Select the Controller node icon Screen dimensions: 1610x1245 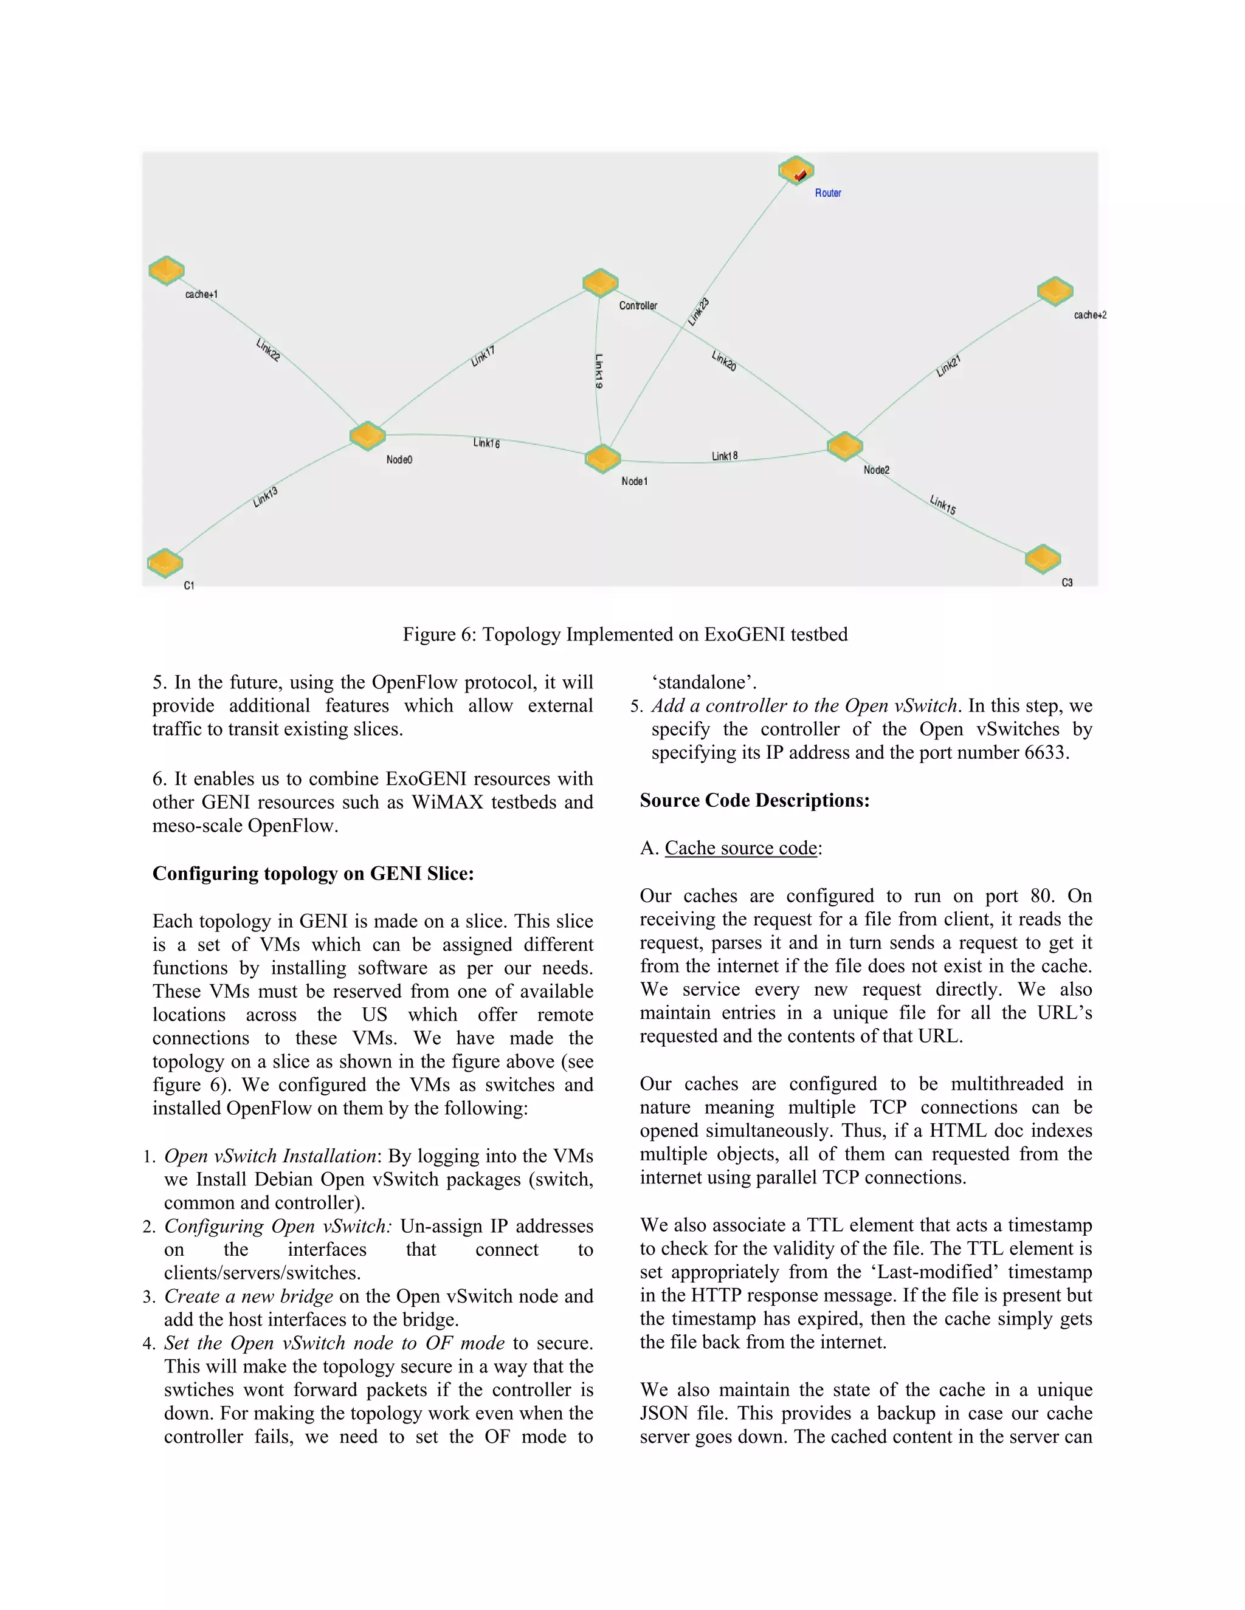point(599,283)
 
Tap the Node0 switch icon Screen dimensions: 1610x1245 point(367,436)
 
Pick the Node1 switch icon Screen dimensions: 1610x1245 point(602,459)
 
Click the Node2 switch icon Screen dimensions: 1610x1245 point(844,446)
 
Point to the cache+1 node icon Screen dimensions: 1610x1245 point(166,270)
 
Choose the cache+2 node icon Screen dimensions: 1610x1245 point(1055,290)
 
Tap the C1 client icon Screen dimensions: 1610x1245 point(165,563)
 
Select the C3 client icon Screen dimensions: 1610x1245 point(1042,559)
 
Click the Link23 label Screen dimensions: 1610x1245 point(698,312)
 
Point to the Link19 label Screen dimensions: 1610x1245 point(599,371)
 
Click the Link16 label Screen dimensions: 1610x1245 point(486,443)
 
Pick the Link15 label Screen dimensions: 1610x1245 point(943,505)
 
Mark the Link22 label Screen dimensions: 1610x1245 point(267,349)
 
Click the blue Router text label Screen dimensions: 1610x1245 point(827,193)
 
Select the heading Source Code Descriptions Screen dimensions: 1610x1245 point(754,801)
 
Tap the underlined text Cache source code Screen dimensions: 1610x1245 point(740,849)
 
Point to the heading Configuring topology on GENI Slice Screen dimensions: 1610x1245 point(312,874)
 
